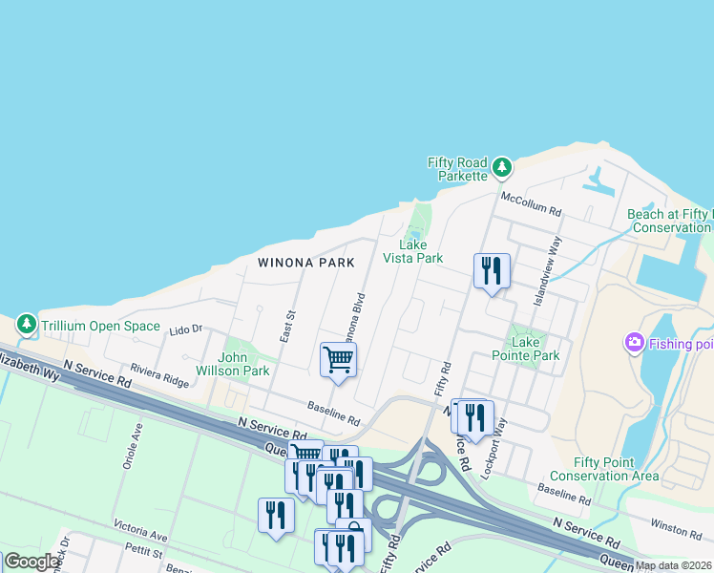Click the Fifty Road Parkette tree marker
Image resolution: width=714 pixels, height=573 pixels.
pos(503,169)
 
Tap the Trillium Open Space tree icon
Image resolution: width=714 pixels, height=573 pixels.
pos(27,326)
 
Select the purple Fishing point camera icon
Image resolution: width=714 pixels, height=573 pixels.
pos(634,342)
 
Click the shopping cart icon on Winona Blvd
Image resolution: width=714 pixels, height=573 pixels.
pos(338,360)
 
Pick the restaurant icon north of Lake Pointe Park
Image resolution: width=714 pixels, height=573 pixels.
pos(492,270)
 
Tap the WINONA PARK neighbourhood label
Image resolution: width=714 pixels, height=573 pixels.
pos(306,263)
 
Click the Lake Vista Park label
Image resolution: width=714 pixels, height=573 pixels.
pos(413,251)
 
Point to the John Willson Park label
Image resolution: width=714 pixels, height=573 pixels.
pos(233,365)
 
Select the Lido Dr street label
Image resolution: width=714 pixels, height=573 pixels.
pos(186,330)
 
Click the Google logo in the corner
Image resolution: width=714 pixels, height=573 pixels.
pos(31,562)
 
